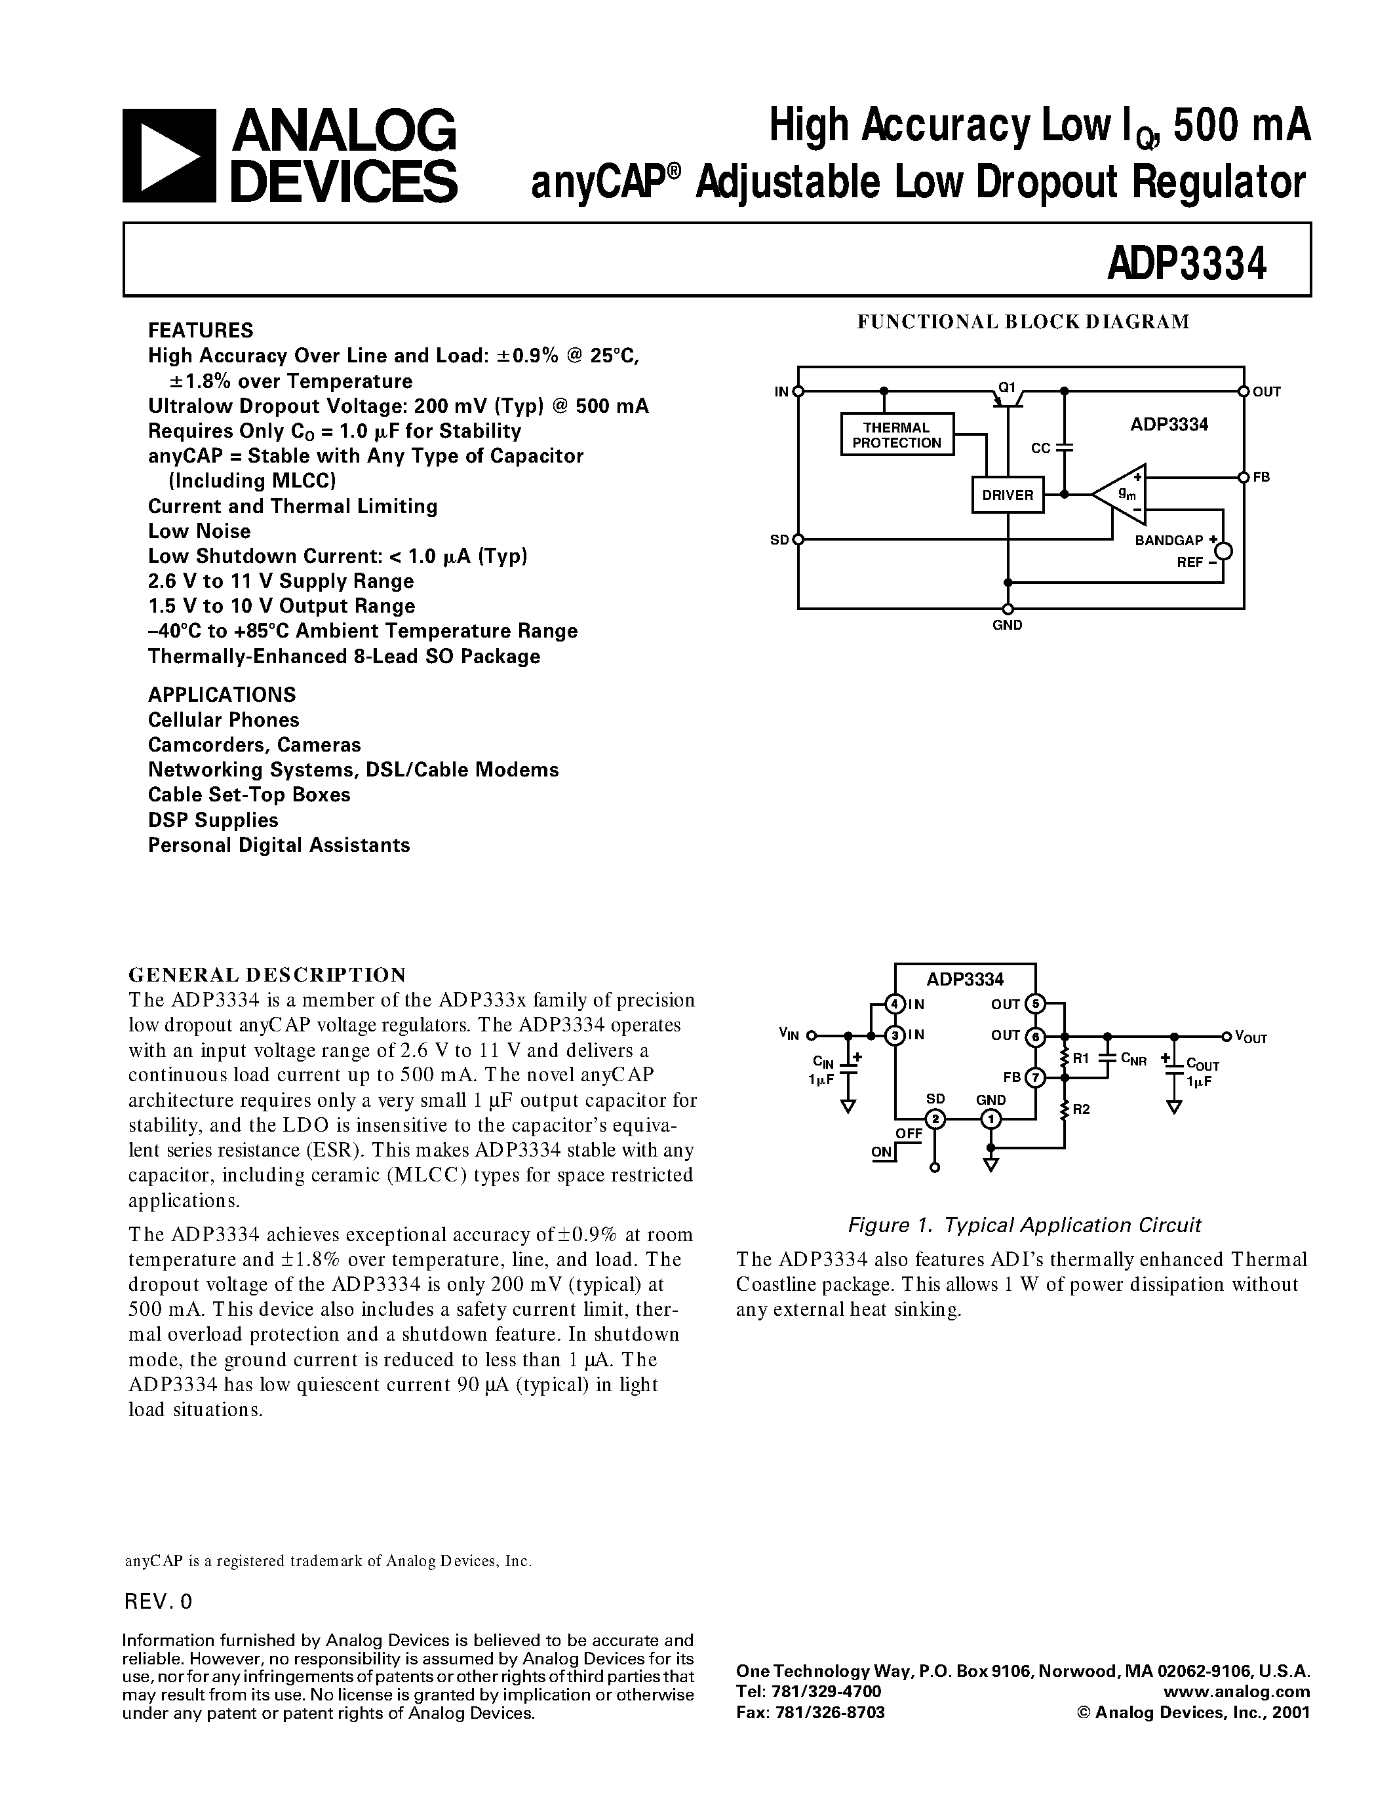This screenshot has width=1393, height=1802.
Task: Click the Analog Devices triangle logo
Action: [168, 155]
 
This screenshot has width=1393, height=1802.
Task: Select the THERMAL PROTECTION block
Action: [896, 435]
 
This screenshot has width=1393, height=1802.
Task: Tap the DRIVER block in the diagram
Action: [1008, 495]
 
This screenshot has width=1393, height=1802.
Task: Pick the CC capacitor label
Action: [1040, 448]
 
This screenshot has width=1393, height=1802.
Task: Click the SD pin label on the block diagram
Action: [779, 541]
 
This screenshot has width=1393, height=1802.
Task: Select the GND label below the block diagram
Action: [1008, 625]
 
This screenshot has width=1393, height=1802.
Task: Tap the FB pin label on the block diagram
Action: [1261, 478]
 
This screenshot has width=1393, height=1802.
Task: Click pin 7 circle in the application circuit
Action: [1035, 1077]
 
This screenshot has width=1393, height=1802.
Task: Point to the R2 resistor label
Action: [1082, 1110]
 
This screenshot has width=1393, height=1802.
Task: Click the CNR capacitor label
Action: [1134, 1060]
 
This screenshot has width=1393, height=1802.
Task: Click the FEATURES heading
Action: [201, 330]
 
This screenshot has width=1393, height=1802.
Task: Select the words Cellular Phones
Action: [224, 719]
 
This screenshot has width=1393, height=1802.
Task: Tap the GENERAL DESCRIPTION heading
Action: [267, 974]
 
